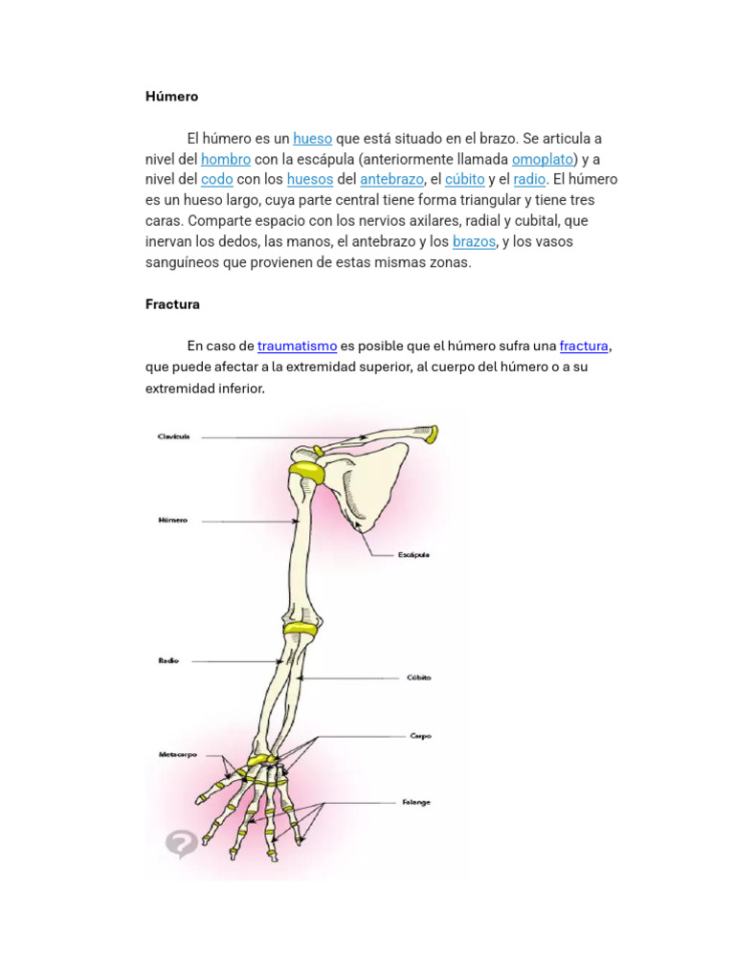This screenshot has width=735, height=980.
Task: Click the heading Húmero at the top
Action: pos(171,97)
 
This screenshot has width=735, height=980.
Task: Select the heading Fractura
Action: pos(172,304)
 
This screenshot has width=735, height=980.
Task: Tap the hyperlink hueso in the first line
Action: pos(312,139)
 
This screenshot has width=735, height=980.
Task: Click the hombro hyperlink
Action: pos(226,160)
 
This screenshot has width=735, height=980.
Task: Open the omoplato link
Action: pos(542,160)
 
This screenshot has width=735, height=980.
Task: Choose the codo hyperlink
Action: pos(217,180)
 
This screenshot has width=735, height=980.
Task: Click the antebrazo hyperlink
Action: pos(391,180)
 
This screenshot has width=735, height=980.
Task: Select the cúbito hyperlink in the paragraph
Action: pos(464,180)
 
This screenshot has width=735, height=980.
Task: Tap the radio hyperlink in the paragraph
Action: pos(529,180)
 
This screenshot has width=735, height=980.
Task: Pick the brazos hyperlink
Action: pos(474,242)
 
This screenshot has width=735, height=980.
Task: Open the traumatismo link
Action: pos(297,346)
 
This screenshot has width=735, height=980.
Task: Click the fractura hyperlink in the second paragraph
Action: pos(584,346)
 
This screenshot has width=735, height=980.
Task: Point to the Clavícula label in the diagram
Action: pos(174,436)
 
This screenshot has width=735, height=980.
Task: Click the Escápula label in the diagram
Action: pos(413,555)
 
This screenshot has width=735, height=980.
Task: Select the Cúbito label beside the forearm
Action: pos(417,678)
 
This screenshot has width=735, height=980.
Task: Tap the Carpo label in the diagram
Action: pos(420,736)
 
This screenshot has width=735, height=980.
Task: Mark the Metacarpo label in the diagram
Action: pos(176,754)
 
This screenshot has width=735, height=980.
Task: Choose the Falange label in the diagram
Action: pos(415,802)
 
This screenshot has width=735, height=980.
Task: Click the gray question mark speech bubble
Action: pos(181,843)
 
